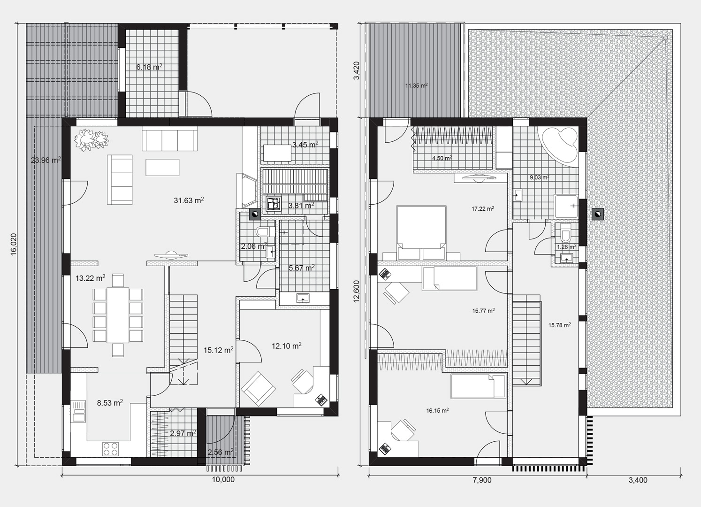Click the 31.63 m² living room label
tap(189, 200)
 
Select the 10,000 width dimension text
tap(223, 480)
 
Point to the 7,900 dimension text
tap(482, 480)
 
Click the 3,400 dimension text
tap(638, 480)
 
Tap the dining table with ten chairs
tap(118, 315)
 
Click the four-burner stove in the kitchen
tap(110, 448)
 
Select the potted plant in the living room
tap(91, 139)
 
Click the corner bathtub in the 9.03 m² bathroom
tap(560, 145)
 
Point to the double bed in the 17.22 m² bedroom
tap(421, 232)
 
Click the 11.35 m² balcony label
tap(416, 85)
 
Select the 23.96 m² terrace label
tap(46, 160)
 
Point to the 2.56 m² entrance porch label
tap(221, 452)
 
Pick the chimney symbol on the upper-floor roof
tap(598, 214)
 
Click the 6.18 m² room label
tap(149, 67)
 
